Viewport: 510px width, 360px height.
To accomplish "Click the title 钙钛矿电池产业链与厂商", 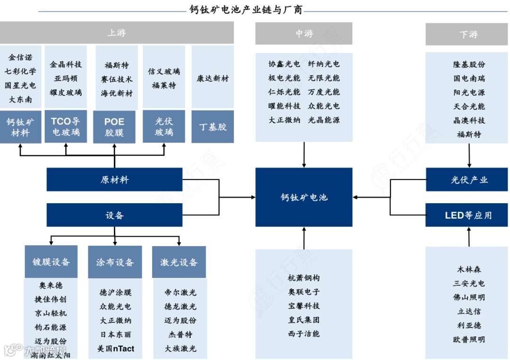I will pyautogui.click(x=246, y=9).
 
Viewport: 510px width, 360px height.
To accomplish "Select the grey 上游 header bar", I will pyautogui.click(x=117, y=33).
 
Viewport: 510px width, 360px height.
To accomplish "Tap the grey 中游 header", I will pyautogui.click(x=304, y=34).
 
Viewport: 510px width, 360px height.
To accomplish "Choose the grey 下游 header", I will pyautogui.click(x=468, y=34).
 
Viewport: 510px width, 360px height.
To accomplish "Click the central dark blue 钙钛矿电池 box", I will pyautogui.click(x=304, y=197).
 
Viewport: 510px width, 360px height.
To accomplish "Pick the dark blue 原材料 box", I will pyautogui.click(x=114, y=180).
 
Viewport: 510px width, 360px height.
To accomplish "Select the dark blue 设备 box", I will pyautogui.click(x=114, y=215).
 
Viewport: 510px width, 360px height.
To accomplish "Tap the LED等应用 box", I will pyautogui.click(x=468, y=215).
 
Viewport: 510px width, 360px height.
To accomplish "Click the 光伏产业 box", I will pyautogui.click(x=468, y=180).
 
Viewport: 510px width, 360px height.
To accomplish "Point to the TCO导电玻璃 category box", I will pyautogui.click(x=66, y=127).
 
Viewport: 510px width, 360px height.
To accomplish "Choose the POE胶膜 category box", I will pyautogui.click(x=114, y=127).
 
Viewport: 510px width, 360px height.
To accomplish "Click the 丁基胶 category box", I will pyautogui.click(x=212, y=127).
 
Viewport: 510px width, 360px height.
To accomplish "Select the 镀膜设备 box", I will pyautogui.click(x=51, y=262).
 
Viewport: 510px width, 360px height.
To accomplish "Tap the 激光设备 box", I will pyautogui.click(x=179, y=262).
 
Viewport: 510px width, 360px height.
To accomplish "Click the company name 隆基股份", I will pyautogui.click(x=469, y=64).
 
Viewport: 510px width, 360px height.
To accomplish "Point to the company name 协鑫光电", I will pyautogui.click(x=284, y=64).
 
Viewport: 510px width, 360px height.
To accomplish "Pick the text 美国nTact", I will pyautogui.click(x=116, y=349).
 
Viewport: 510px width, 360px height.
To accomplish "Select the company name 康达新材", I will pyautogui.click(x=212, y=78).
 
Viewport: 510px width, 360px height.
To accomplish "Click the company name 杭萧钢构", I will pyautogui.click(x=304, y=278).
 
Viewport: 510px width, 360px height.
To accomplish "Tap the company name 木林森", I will pyautogui.click(x=469, y=269).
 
